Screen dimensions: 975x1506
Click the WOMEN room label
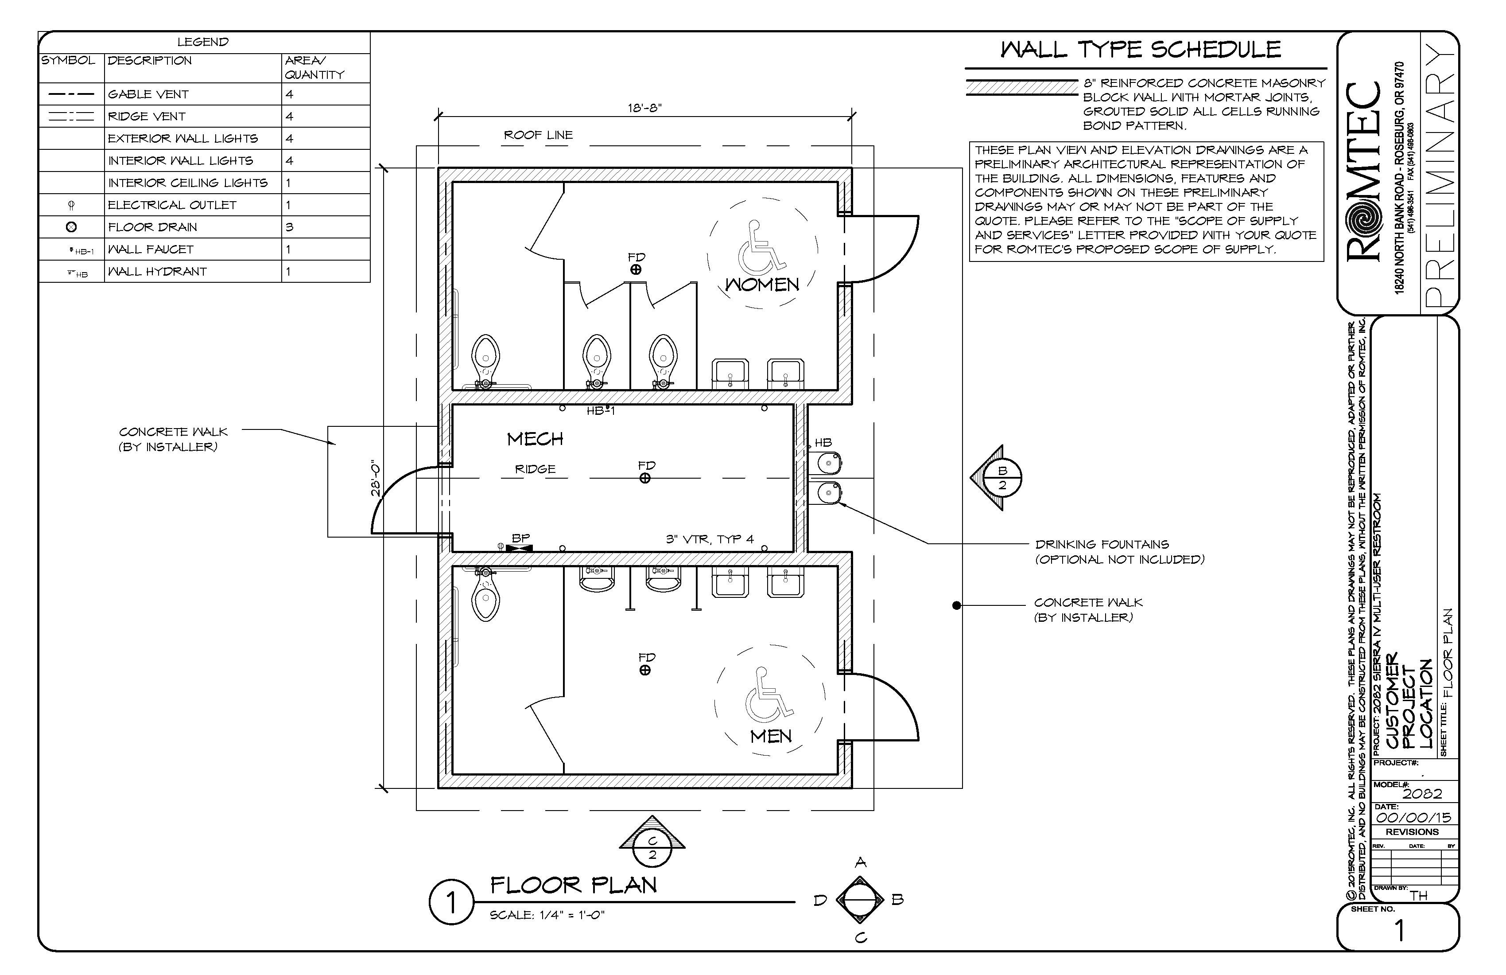click(x=762, y=285)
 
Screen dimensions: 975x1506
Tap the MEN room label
click(x=771, y=736)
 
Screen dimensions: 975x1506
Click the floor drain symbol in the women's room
click(x=636, y=270)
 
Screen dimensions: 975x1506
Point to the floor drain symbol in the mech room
click(x=645, y=479)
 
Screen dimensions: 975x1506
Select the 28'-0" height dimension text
click(x=376, y=478)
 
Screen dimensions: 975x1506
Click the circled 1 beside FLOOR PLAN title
click(x=451, y=903)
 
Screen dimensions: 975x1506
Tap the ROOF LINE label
click(x=538, y=135)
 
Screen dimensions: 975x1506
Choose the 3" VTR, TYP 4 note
click(x=709, y=539)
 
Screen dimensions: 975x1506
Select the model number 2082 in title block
click(x=1422, y=794)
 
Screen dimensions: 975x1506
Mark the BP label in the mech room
click(x=520, y=538)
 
